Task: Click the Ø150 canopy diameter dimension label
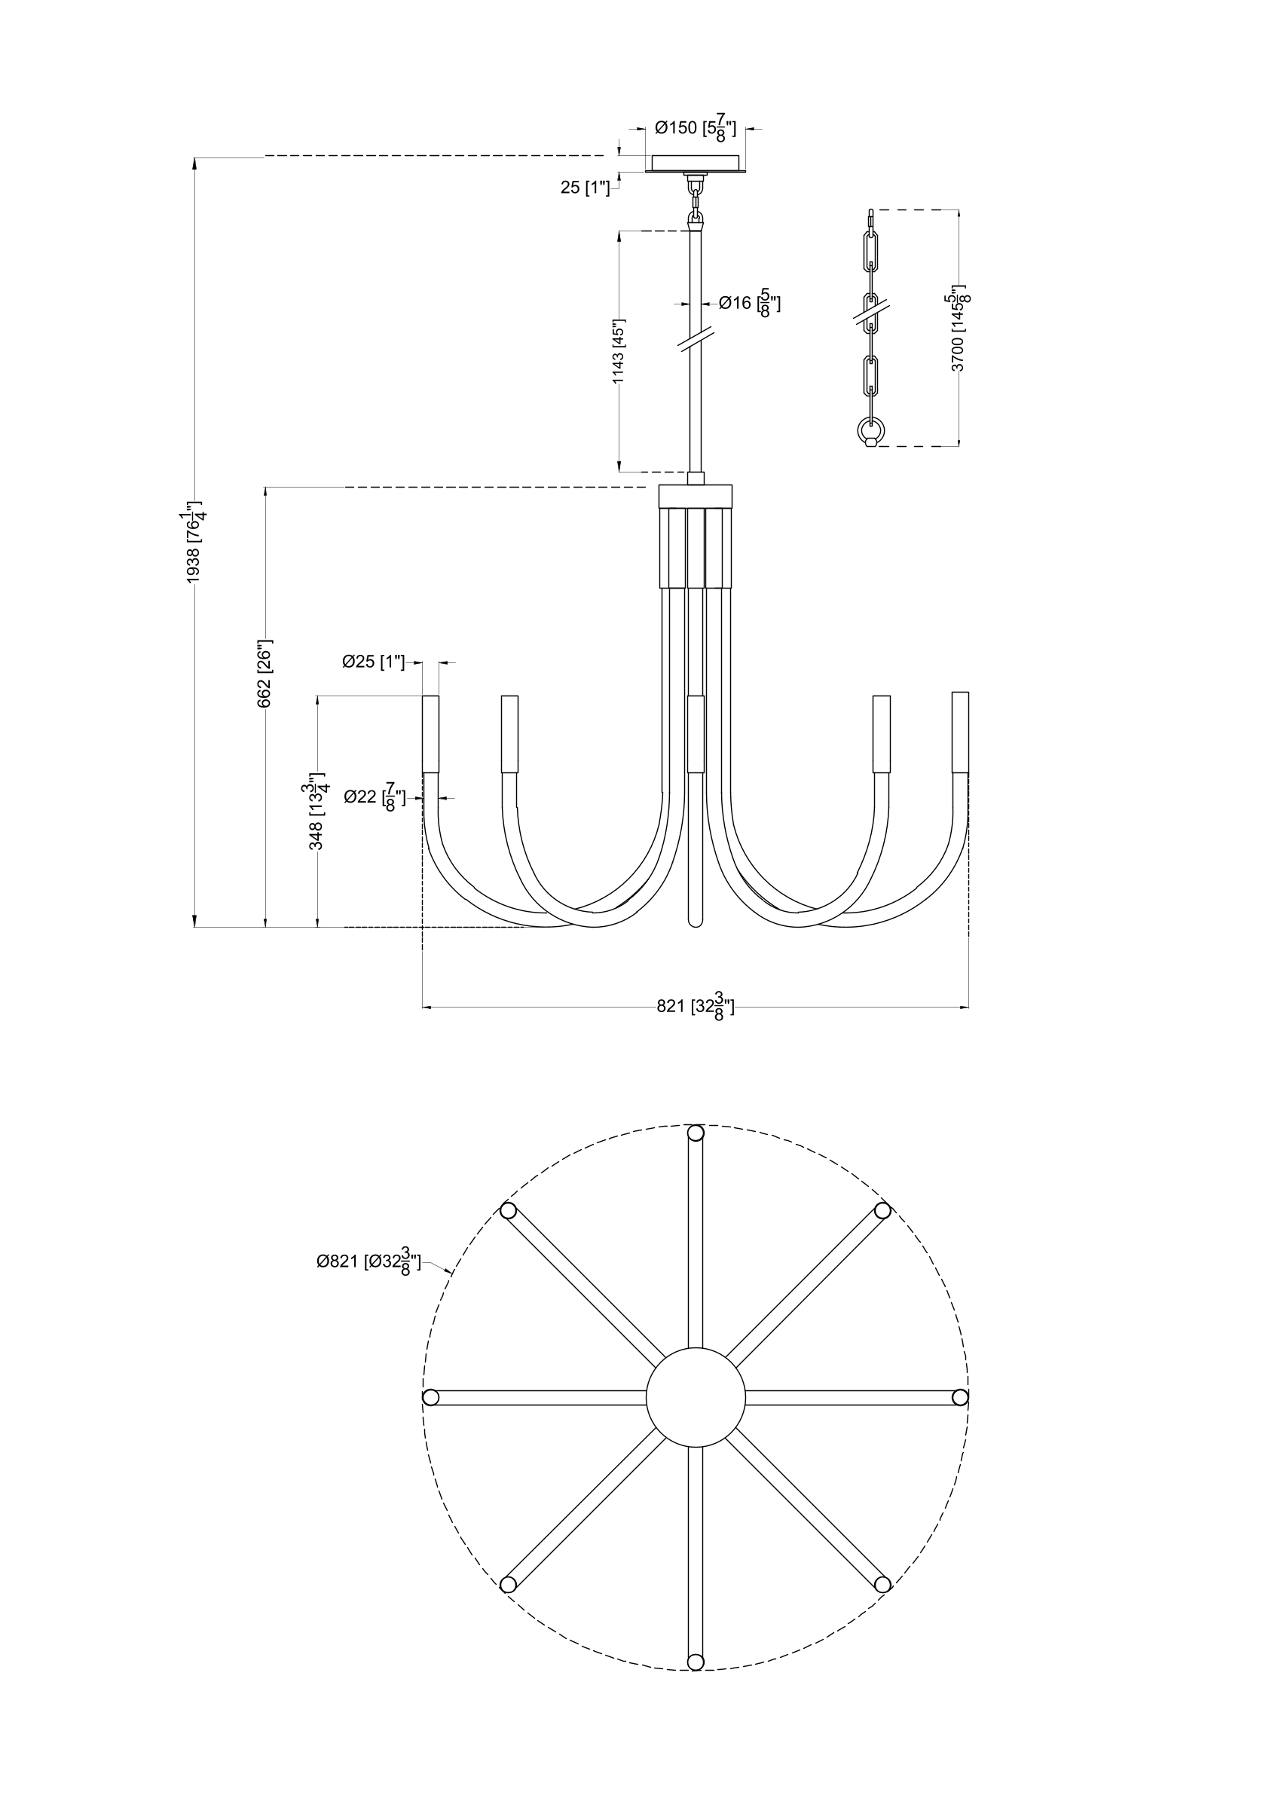point(695,128)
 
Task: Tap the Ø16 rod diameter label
point(749,302)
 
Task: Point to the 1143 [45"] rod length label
point(619,351)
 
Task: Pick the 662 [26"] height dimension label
point(266,674)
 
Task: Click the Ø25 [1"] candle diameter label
point(374,662)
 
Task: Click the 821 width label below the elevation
point(695,1007)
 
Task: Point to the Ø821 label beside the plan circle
point(368,1261)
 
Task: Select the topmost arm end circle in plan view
point(695,1133)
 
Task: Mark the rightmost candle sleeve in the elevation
point(960,732)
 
